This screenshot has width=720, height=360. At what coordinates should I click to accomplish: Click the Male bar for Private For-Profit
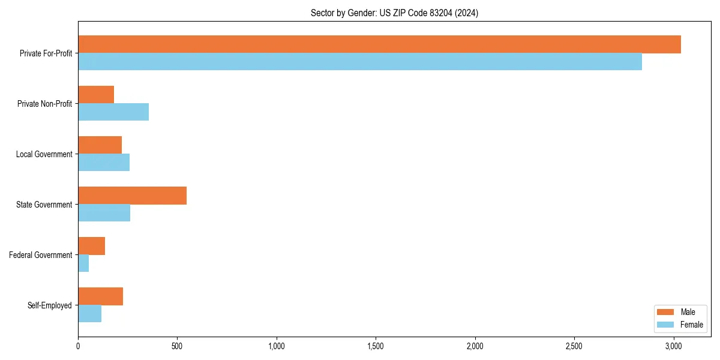(379, 44)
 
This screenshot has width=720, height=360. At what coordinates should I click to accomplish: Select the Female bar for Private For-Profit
(360, 62)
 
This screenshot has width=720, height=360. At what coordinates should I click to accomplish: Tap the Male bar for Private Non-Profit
(96, 95)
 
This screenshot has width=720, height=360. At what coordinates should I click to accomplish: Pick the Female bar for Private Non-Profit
(113, 112)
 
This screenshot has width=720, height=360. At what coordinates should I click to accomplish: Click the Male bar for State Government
(132, 196)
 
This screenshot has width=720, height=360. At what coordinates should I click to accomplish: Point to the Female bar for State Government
(104, 213)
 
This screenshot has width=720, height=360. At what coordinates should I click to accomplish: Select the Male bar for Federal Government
(91, 246)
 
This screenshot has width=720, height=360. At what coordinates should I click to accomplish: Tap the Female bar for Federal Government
(83, 263)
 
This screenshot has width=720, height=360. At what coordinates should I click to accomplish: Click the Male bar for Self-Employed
(100, 296)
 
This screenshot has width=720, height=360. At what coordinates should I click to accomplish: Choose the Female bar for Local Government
(104, 163)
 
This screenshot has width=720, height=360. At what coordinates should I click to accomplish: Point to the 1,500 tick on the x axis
(376, 346)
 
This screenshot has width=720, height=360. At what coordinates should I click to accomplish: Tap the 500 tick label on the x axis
(177, 346)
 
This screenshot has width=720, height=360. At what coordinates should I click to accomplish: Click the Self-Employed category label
(49, 305)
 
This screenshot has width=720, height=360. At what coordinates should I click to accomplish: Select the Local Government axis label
(44, 154)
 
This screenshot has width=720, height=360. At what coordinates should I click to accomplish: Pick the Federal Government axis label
(40, 255)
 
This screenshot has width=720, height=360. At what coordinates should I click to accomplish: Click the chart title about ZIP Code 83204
(394, 13)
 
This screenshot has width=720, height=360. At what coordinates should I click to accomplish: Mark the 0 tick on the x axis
(78, 346)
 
